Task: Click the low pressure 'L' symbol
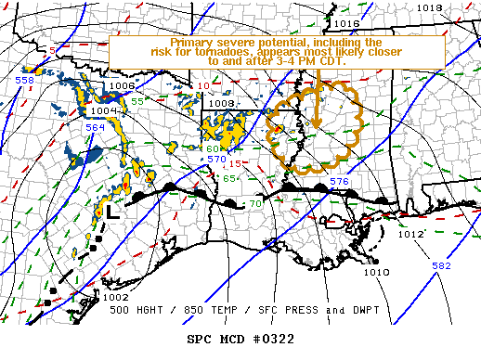coord(110,212)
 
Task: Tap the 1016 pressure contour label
coord(347,23)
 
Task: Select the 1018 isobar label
coord(429,7)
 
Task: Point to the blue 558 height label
coord(25,81)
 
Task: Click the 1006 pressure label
coord(122,86)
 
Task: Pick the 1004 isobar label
coord(102,111)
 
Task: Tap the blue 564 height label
coord(96,128)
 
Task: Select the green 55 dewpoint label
coord(136,100)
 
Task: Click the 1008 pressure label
coord(221,103)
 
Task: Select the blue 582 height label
coord(440,266)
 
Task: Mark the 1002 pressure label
coord(116,297)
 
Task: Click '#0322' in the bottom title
coord(276,339)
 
